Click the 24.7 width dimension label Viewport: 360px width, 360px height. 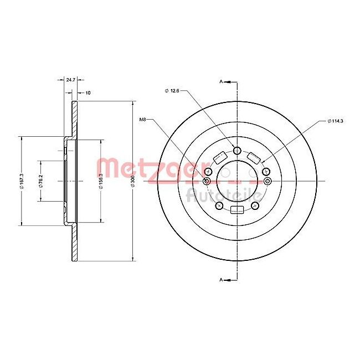pyautogui.click(x=70, y=80)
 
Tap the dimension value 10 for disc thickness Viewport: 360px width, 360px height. pyautogui.click(x=88, y=93)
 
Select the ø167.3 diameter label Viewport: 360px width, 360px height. pyautogui.click(x=20, y=181)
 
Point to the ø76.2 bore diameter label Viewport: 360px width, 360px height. pyautogui.click(x=40, y=181)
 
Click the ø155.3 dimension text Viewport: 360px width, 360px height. pyautogui.click(x=101, y=181)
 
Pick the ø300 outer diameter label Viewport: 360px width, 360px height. pyautogui.click(x=132, y=181)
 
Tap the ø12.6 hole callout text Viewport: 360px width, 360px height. pyautogui.click(x=173, y=90)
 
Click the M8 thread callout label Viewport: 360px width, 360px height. pyautogui.click(x=142, y=119)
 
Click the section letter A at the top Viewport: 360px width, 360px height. pyautogui.click(x=221, y=81)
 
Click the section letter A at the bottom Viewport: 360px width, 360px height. pyautogui.click(x=221, y=280)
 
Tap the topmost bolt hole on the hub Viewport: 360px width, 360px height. pyautogui.click(x=237, y=151)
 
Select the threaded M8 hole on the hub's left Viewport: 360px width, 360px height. pyautogui.click(x=207, y=181)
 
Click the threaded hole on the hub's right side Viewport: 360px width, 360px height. pyautogui.click(x=268, y=181)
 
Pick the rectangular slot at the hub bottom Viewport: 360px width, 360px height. pyautogui.click(x=237, y=209)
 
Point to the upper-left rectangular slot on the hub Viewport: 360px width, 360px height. pyautogui.click(x=219, y=157)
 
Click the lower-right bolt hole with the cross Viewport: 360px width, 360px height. pyautogui.click(x=255, y=205)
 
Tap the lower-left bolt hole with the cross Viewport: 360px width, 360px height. pyautogui.click(x=219, y=205)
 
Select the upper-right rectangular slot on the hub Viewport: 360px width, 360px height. pyautogui.click(x=255, y=157)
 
